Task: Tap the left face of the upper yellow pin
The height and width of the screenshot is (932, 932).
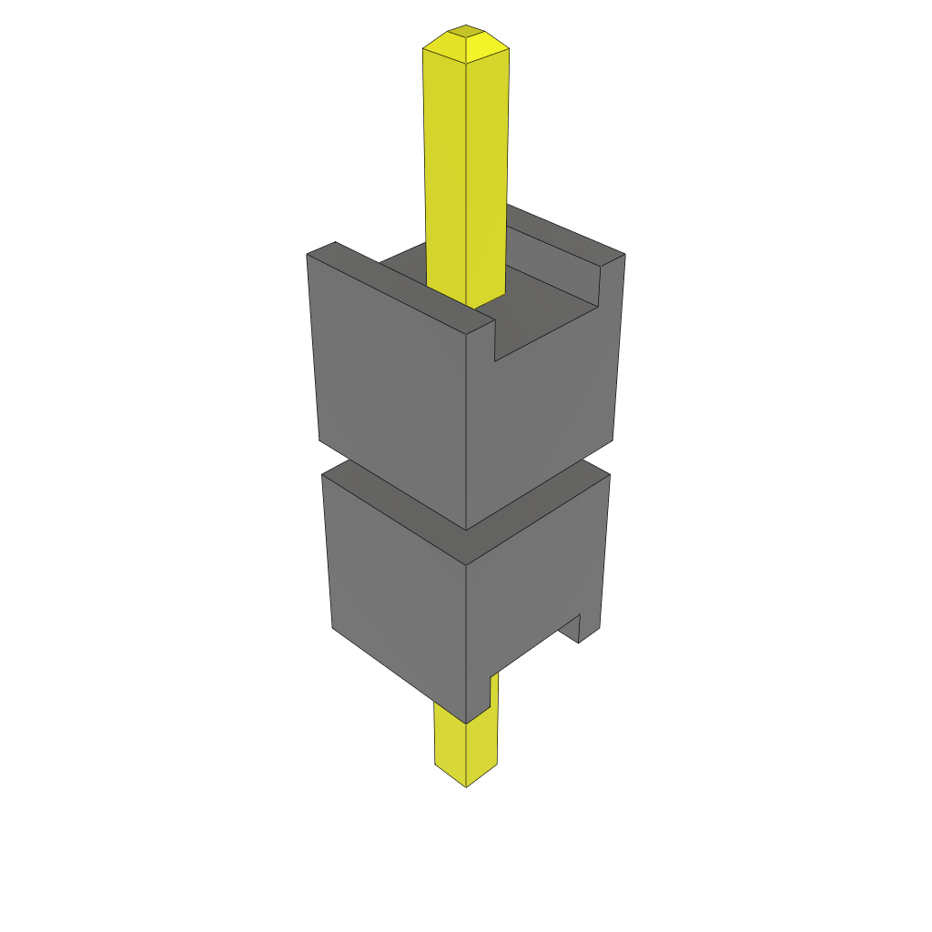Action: tap(445, 164)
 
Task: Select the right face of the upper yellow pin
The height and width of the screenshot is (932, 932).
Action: tap(487, 164)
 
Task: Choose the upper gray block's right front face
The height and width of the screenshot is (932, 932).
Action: tap(546, 410)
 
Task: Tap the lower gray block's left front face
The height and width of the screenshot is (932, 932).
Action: tap(396, 592)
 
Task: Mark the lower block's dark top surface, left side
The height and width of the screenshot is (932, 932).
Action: tap(391, 505)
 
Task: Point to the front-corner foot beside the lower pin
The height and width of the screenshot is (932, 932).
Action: tap(479, 695)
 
